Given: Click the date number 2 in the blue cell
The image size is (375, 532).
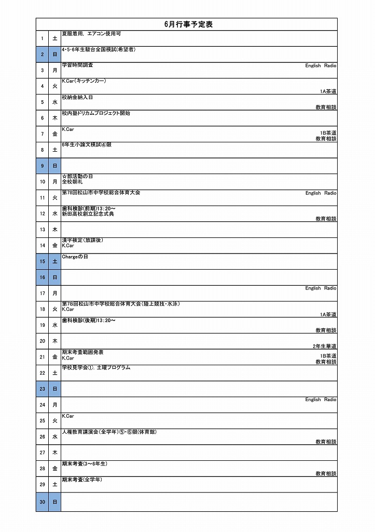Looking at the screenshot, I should [42, 55].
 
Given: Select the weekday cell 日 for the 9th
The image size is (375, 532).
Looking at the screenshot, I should [55, 166].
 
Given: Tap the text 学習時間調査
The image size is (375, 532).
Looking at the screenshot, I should [78, 65].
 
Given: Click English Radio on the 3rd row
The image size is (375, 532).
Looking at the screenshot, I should [321, 66].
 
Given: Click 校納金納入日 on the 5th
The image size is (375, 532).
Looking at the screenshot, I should [77, 97].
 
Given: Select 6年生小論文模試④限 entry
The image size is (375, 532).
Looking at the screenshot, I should [87, 145].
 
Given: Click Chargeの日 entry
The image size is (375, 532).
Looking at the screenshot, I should [75, 257].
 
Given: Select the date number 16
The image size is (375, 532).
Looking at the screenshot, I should [42, 277].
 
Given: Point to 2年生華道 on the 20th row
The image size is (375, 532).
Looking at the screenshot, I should [325, 347].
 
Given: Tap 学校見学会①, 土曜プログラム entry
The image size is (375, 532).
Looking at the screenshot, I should [96, 368].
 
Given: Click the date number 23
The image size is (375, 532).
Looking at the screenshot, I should [42, 389].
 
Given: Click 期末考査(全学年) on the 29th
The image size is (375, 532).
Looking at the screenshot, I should [82, 480].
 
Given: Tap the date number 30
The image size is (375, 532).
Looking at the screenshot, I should [42, 502].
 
